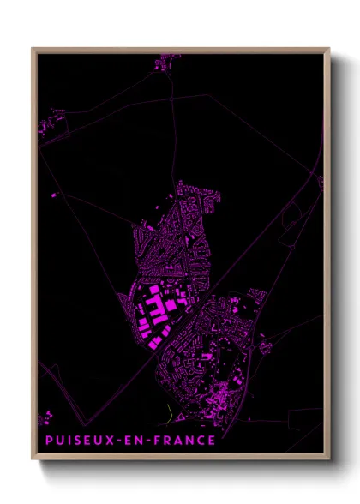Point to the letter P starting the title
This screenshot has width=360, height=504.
(x=43, y=441)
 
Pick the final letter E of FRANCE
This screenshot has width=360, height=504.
(x=211, y=441)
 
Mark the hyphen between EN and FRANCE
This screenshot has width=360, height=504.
(x=147, y=441)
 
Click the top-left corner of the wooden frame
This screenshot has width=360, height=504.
(x=33, y=49)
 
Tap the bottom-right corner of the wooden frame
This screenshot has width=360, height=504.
(x=328, y=461)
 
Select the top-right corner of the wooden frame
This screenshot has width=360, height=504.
(x=328, y=49)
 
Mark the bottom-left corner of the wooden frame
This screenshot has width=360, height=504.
(x=33, y=461)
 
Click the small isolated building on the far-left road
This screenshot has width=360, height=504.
(x=55, y=195)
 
